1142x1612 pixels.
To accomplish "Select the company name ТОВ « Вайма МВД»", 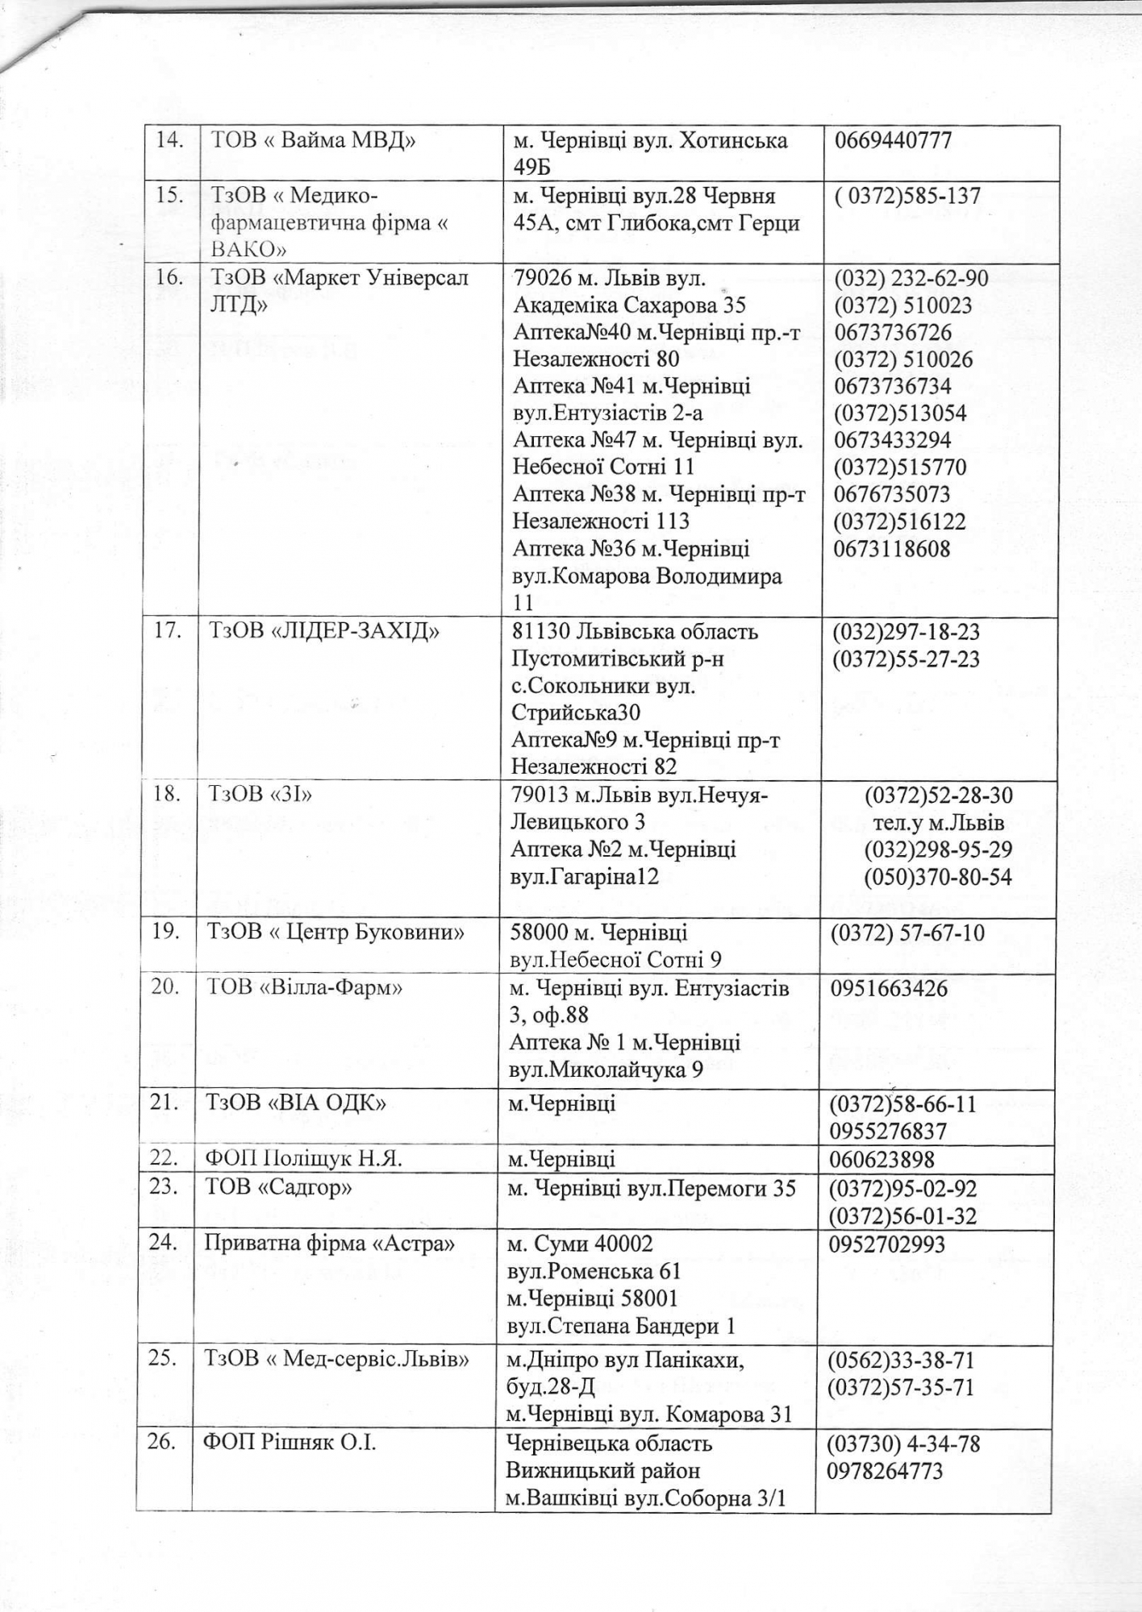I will click(313, 141).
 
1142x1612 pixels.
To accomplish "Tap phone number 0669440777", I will click(894, 140).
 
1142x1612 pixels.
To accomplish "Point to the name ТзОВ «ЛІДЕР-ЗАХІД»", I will click(324, 631).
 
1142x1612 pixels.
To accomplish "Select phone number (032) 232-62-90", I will click(911, 278).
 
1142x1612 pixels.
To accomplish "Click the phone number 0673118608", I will click(893, 549).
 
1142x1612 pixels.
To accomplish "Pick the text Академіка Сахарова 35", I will click(629, 305).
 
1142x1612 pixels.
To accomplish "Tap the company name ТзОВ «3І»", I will click(261, 795).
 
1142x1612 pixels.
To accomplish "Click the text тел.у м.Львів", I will click(938, 823).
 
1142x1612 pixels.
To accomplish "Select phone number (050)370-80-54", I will click(938, 877).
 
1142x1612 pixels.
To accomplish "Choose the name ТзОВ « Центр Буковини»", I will click(337, 933).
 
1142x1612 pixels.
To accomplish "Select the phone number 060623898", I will click(882, 1159).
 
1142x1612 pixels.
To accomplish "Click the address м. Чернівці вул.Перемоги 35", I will click(652, 1188).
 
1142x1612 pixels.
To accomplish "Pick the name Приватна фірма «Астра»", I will click(330, 1243).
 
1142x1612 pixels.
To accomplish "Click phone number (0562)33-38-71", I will click(902, 1361).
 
